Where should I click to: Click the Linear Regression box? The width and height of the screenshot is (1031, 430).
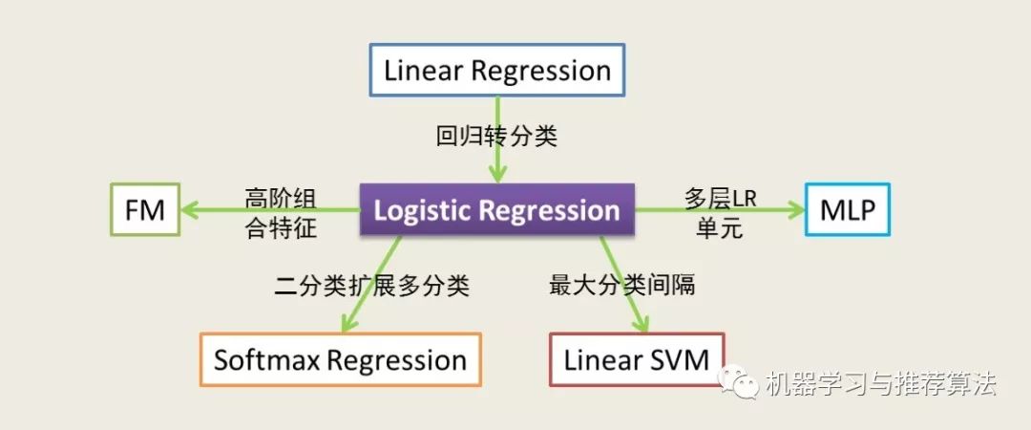tap(496, 70)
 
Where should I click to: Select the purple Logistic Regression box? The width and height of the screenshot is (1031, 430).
tap(496, 210)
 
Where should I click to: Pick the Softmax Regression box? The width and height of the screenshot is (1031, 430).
tap(340, 360)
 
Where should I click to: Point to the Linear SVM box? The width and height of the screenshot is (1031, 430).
tap(637, 360)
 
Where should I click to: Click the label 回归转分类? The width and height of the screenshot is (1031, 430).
tap(496, 136)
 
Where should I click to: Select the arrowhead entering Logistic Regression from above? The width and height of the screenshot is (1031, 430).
tap(496, 175)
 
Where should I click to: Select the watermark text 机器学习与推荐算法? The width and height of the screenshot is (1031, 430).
tap(881, 384)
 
